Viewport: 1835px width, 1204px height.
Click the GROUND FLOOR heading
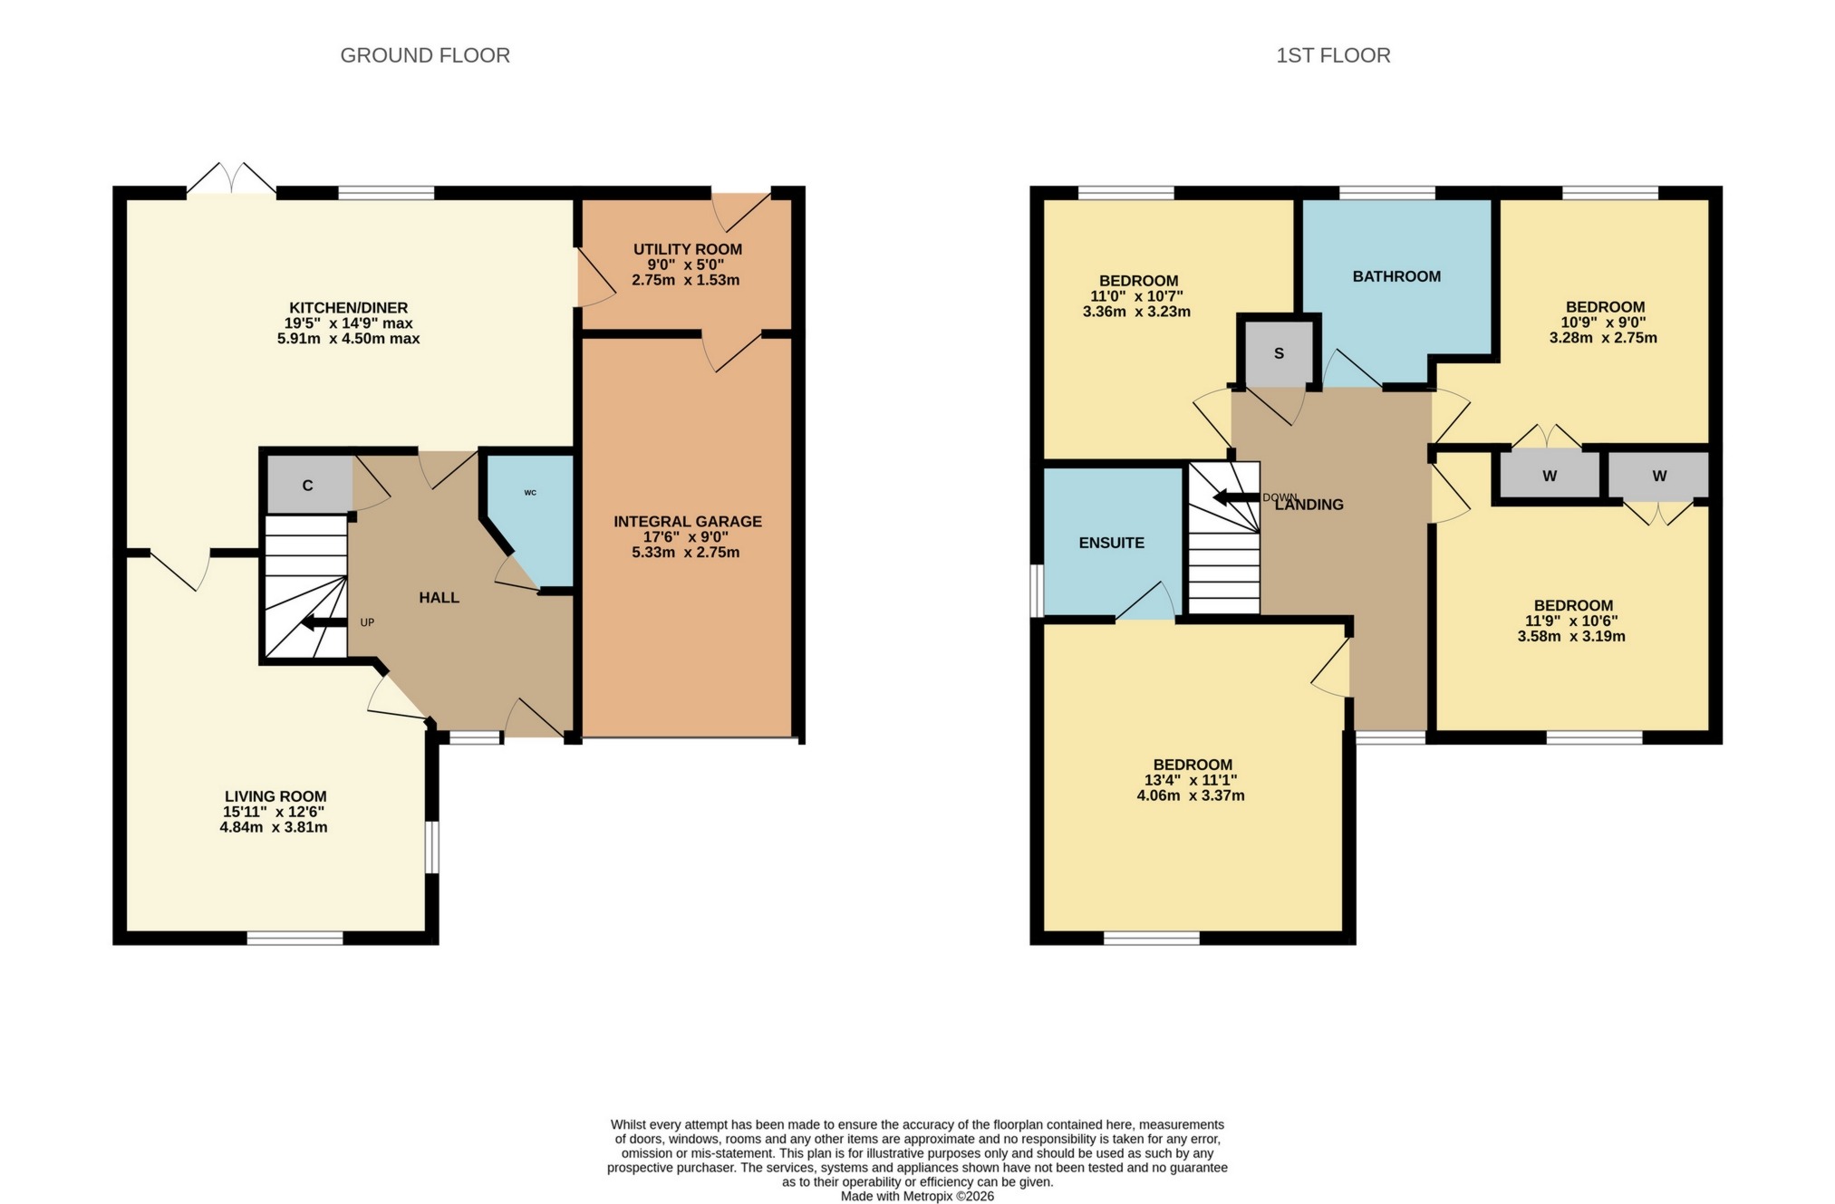coord(425,55)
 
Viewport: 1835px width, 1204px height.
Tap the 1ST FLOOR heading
coord(1333,55)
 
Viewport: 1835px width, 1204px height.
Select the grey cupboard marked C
coord(308,486)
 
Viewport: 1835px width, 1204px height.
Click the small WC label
coord(530,493)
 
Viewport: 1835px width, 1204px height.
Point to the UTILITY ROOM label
coord(687,249)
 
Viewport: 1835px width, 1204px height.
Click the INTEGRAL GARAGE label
coord(687,521)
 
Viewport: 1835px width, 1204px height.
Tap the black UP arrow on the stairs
coord(324,623)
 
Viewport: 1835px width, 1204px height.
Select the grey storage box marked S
coord(1279,353)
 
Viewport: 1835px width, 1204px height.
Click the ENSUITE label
coord(1111,543)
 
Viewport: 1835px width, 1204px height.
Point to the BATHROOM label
coord(1396,276)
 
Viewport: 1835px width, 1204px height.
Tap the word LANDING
coord(1310,506)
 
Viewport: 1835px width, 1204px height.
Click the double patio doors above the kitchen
coord(232,179)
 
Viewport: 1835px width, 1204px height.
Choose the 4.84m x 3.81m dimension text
coord(274,827)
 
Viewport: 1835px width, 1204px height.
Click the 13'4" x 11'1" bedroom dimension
coord(1191,780)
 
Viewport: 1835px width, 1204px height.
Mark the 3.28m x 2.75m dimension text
coord(1602,338)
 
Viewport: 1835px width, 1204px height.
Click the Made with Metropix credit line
coord(917,1196)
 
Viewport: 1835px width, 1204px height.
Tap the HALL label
coord(439,598)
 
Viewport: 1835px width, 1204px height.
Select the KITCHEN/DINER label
coord(348,308)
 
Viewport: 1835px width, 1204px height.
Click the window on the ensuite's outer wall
coord(1037,591)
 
